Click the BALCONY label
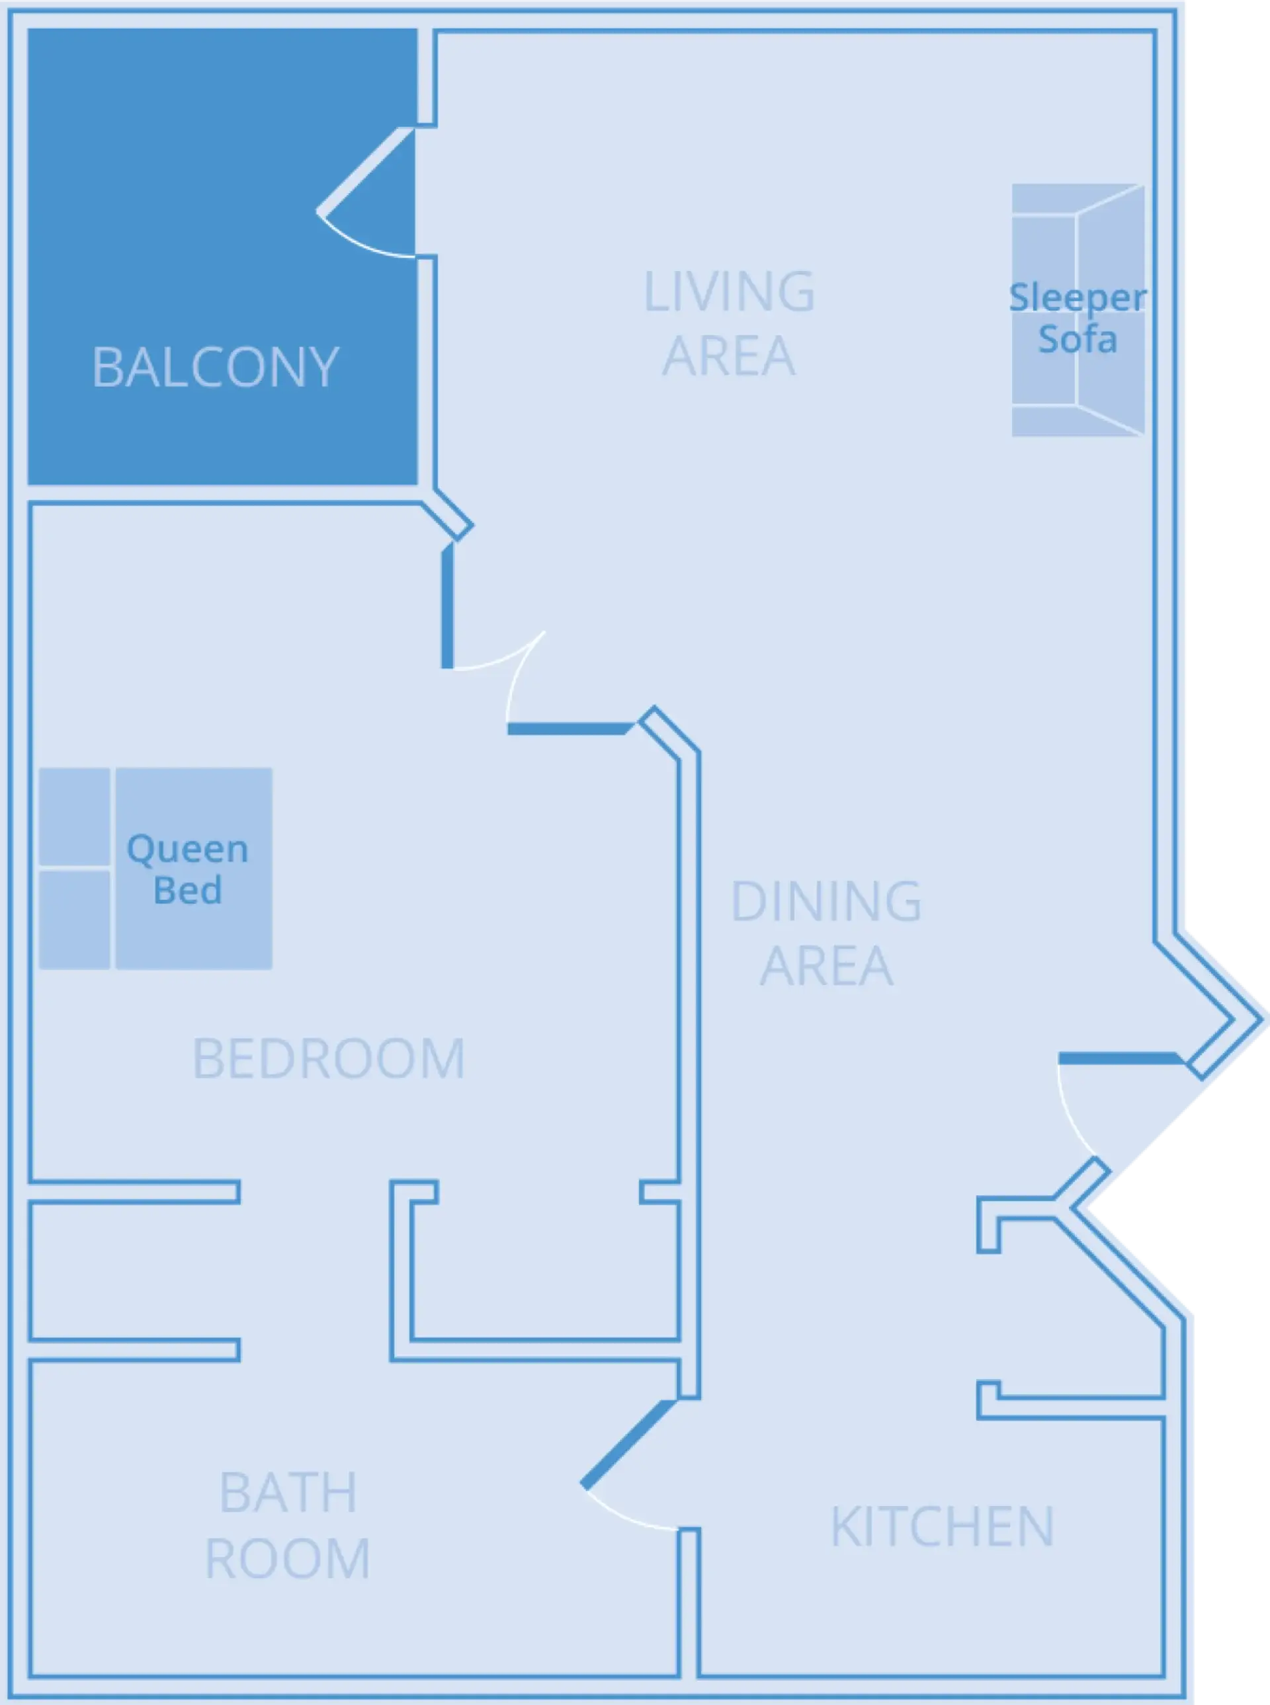215,368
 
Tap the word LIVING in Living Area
729,292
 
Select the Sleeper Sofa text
1077,317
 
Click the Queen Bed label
188,869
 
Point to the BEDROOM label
328,1059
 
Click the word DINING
825,901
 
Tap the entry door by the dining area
1119,1059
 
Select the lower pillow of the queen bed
75,919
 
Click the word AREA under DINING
826,966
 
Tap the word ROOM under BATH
288,1560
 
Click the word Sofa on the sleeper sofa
1077,339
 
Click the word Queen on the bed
188,849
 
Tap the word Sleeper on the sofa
1077,297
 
